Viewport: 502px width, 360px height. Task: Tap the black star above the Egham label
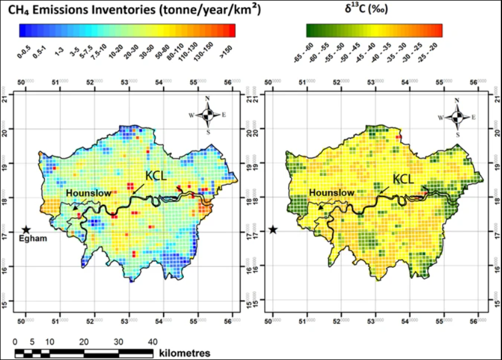point(26,230)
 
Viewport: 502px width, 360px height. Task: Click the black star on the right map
point(273,230)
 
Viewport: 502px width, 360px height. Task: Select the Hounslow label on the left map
point(85,193)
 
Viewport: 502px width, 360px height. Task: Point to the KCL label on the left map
point(157,176)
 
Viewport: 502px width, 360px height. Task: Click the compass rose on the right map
point(457,117)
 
